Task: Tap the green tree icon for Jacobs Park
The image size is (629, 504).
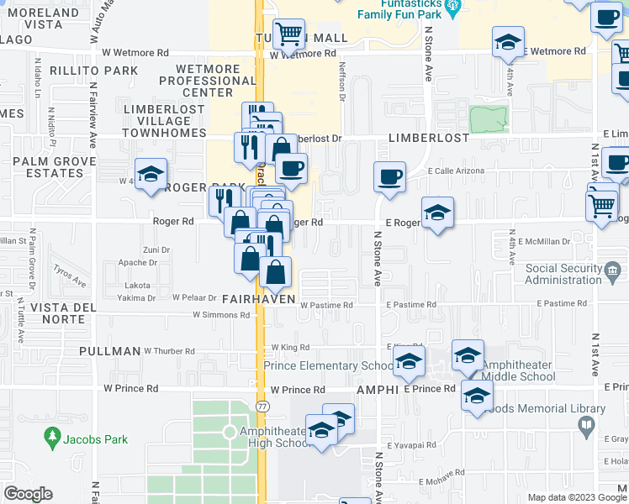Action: click(x=52, y=438)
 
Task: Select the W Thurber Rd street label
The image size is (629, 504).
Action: click(x=169, y=351)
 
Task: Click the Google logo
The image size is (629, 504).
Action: click(x=28, y=495)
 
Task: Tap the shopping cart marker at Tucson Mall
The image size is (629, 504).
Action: click(x=289, y=34)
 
